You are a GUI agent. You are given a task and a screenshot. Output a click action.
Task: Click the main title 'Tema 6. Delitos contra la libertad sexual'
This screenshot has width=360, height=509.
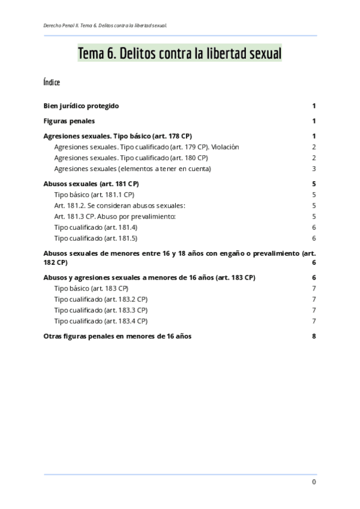[179, 54]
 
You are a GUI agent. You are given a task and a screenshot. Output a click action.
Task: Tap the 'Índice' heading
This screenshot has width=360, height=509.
[52, 82]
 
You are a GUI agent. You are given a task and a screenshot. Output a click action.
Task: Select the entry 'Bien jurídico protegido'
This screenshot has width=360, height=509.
[82, 106]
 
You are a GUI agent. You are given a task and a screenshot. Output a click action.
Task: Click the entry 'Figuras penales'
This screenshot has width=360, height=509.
[69, 121]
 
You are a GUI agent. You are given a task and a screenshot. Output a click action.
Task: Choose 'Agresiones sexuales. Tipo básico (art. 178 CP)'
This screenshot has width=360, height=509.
[118, 136]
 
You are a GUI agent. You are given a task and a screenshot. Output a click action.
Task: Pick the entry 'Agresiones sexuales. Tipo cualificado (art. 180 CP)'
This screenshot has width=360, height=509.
[131, 158]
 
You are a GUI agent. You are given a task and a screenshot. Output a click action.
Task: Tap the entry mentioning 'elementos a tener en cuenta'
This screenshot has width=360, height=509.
[132, 169]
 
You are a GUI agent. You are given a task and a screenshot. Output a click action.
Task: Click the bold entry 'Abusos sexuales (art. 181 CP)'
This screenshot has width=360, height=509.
[91, 184]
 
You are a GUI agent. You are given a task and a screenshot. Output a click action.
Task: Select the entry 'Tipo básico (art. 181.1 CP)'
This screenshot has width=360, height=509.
[94, 194]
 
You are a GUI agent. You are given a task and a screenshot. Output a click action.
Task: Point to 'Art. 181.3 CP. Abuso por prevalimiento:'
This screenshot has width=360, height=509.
[115, 216]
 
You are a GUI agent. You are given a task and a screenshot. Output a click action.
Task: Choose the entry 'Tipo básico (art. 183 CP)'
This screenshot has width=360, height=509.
[91, 289]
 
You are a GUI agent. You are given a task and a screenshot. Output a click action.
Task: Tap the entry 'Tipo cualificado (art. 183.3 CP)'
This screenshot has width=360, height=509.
[100, 310]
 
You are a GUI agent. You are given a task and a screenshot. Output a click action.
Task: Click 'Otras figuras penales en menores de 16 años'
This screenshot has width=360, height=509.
[118, 336]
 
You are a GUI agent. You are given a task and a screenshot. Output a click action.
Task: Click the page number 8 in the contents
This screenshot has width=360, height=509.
[314, 336]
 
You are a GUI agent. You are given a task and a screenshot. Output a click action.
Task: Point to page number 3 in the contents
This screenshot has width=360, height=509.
[314, 169]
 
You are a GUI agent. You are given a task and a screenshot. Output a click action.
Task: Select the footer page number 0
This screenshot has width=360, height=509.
[314, 482]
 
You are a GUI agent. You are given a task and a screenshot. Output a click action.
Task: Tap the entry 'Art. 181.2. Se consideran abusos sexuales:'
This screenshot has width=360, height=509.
[120, 205]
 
